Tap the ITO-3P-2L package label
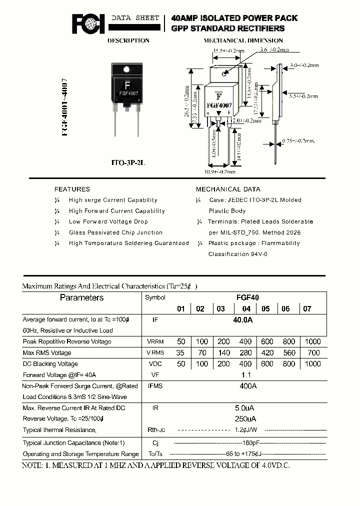point(128,163)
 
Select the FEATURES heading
point(72,189)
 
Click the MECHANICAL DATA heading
point(228,189)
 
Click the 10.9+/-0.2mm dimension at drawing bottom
point(220,171)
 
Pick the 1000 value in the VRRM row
point(312,341)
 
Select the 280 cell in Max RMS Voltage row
point(245,353)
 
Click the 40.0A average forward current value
point(243,320)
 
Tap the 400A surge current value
point(247,386)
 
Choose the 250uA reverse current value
point(245,418)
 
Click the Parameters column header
point(81,298)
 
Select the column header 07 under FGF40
point(307,309)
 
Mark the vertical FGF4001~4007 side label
point(65,107)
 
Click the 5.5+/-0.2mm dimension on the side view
point(302,96)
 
